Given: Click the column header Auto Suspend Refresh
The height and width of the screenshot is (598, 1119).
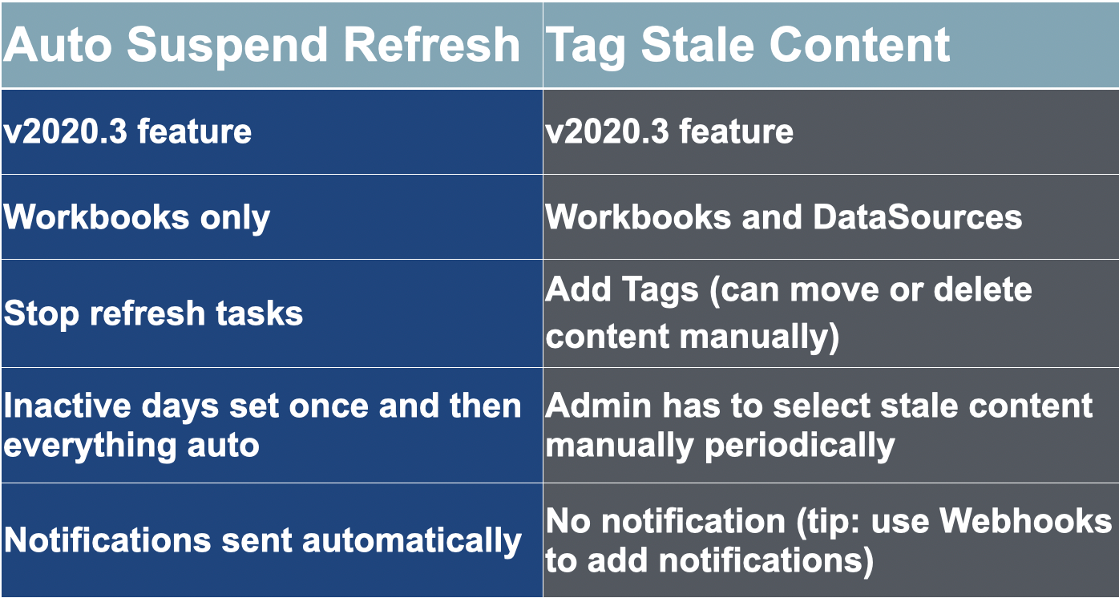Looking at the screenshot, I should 261,45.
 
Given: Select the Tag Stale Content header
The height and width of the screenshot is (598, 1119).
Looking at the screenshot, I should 747,45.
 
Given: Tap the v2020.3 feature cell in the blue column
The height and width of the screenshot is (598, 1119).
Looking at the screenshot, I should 128,131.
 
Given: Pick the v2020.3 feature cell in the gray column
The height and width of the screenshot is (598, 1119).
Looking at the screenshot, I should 670,131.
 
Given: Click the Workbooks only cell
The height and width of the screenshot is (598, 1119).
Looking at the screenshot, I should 137,217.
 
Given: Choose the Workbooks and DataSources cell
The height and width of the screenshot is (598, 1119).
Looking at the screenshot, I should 784,217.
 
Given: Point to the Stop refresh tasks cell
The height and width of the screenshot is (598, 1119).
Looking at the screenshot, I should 154,313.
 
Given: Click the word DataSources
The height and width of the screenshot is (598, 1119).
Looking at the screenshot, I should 917,217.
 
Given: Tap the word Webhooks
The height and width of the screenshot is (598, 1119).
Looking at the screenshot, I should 1025,521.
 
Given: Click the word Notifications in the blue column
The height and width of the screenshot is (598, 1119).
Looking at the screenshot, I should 107,540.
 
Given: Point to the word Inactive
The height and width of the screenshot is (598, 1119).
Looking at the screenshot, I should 67,406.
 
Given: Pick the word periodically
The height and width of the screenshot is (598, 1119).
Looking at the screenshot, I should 799,445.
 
